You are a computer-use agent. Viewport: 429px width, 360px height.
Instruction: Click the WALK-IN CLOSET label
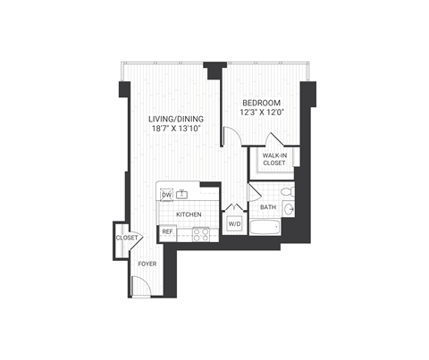point(273,158)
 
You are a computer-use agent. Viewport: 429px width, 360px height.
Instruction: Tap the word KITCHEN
point(188,214)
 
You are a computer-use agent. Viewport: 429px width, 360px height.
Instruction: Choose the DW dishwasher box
point(166,194)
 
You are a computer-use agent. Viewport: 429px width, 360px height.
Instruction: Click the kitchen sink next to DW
point(183,194)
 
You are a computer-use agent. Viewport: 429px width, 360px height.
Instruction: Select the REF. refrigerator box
point(167,233)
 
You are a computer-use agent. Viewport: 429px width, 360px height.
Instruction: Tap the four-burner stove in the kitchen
point(201,234)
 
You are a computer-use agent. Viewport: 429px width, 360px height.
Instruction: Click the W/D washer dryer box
point(235,222)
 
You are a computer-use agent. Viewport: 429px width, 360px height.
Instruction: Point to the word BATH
point(267,207)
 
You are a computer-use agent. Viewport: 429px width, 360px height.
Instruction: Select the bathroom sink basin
point(290,211)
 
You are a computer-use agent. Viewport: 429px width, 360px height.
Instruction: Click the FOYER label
point(147,264)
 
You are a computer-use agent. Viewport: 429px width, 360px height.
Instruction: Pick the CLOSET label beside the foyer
point(127,238)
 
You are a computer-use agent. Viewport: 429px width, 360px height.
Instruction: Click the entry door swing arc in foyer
point(140,285)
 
